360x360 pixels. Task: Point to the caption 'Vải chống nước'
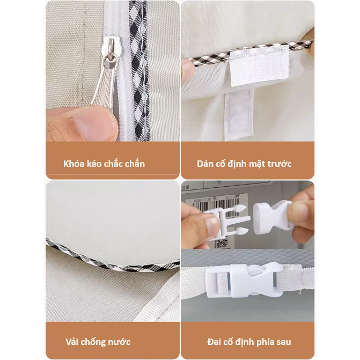point(98,342)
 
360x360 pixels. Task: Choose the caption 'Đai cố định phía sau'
point(249,342)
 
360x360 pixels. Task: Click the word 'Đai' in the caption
point(215,342)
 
